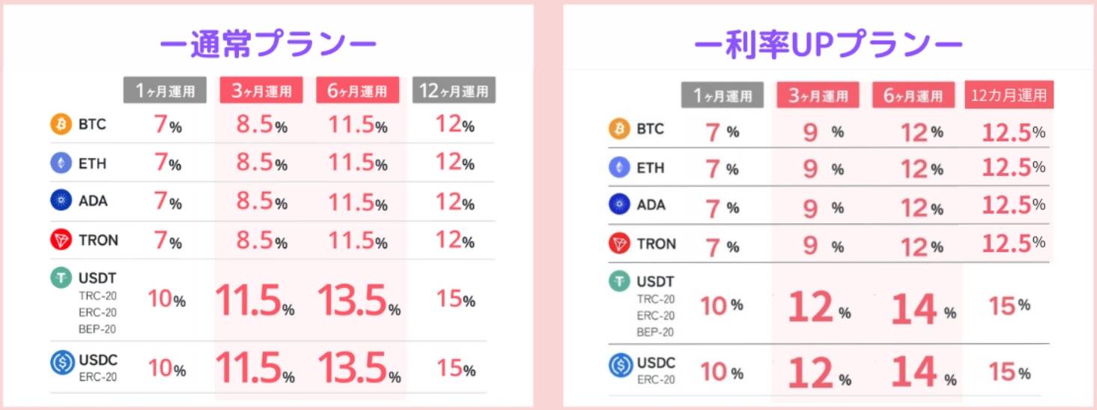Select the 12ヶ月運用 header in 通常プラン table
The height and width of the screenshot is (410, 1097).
click(x=454, y=91)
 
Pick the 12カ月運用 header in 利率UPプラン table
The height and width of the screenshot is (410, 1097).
click(x=1009, y=95)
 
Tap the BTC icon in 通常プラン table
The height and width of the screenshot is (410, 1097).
click(x=61, y=124)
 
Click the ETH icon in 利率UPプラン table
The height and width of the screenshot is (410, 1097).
click(x=619, y=168)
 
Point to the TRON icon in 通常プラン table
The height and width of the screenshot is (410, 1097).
click(x=61, y=241)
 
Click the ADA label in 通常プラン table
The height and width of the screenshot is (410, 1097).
click(x=93, y=202)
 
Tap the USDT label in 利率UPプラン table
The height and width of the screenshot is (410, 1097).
click(x=655, y=283)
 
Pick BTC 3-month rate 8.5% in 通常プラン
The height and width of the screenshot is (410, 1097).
click(x=261, y=125)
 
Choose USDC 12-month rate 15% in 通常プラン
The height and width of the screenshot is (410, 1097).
click(x=455, y=369)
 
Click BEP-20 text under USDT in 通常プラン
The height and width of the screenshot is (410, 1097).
click(x=97, y=328)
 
